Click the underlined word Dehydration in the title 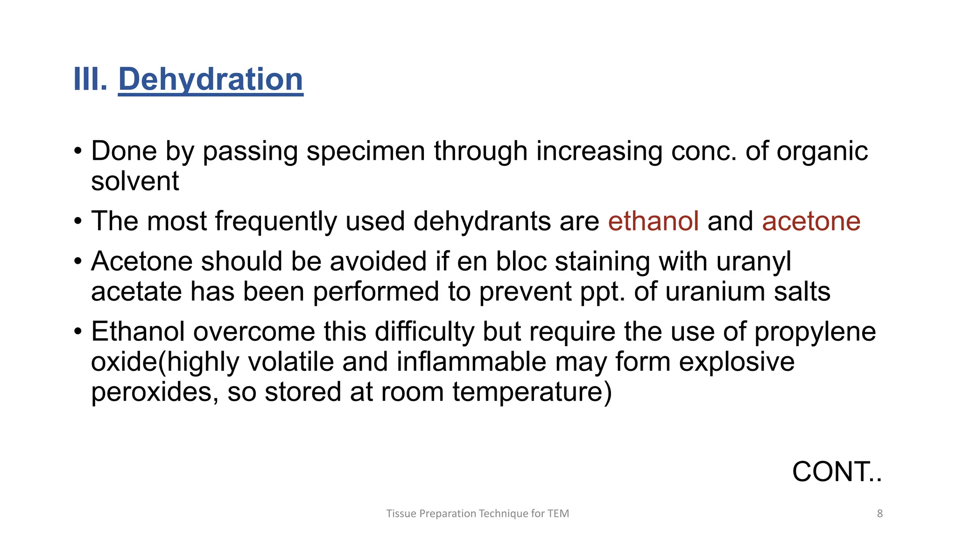211,79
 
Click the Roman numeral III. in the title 91,79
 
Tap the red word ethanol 653,221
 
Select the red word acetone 811,221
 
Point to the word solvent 135,181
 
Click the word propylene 815,332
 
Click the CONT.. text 836,472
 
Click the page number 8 879,514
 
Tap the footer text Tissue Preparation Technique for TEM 478,514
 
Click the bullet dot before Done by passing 78,151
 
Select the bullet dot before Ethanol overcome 78,332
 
